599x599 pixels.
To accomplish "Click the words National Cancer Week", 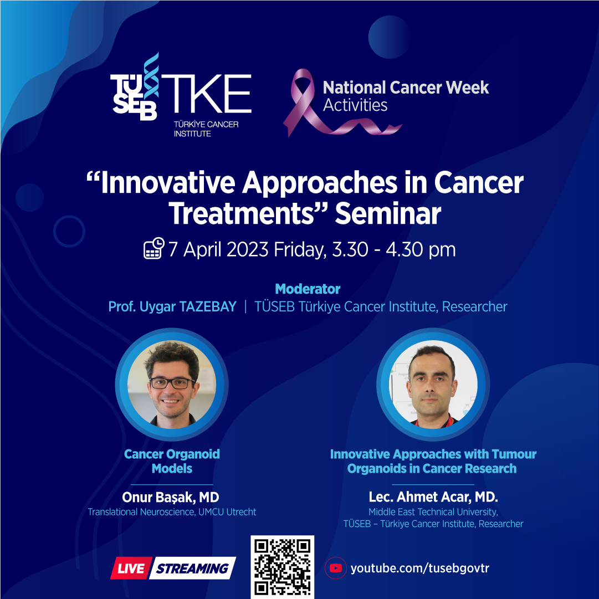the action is (406, 88).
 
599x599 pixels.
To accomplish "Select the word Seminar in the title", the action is (388, 214).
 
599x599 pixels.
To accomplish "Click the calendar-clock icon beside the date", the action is (154, 248).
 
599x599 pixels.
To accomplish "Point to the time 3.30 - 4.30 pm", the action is (394, 249).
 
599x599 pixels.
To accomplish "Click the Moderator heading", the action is (308, 289).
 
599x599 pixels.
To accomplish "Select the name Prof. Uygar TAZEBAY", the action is (172, 307).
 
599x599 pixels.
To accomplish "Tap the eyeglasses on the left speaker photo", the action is (172, 383).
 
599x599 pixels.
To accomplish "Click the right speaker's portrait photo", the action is (433, 385).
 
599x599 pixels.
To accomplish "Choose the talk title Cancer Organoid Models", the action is (172, 461).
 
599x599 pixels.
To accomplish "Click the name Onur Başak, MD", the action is (170, 498).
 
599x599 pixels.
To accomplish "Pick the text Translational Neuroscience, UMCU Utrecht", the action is (172, 512).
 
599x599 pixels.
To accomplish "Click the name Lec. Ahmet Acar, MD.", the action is (433, 497).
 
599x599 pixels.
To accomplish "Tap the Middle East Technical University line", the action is (433, 512).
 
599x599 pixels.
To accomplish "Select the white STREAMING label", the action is (192, 569).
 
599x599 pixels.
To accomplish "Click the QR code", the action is (282, 567).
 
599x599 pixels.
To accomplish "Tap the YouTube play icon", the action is (336, 568).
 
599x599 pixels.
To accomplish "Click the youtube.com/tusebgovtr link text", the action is (420, 569).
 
